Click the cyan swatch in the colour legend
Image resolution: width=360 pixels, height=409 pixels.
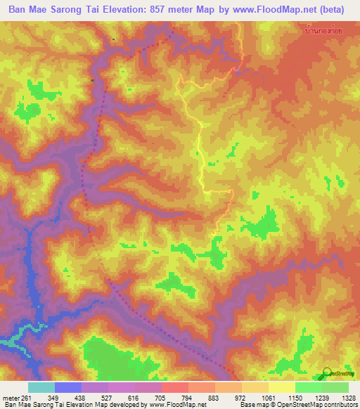tap(41, 387)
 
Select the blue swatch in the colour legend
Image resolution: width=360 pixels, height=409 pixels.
tap(68, 387)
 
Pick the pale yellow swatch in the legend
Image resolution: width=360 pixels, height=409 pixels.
tap(282, 387)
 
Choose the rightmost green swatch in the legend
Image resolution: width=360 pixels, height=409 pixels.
tap(335, 387)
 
